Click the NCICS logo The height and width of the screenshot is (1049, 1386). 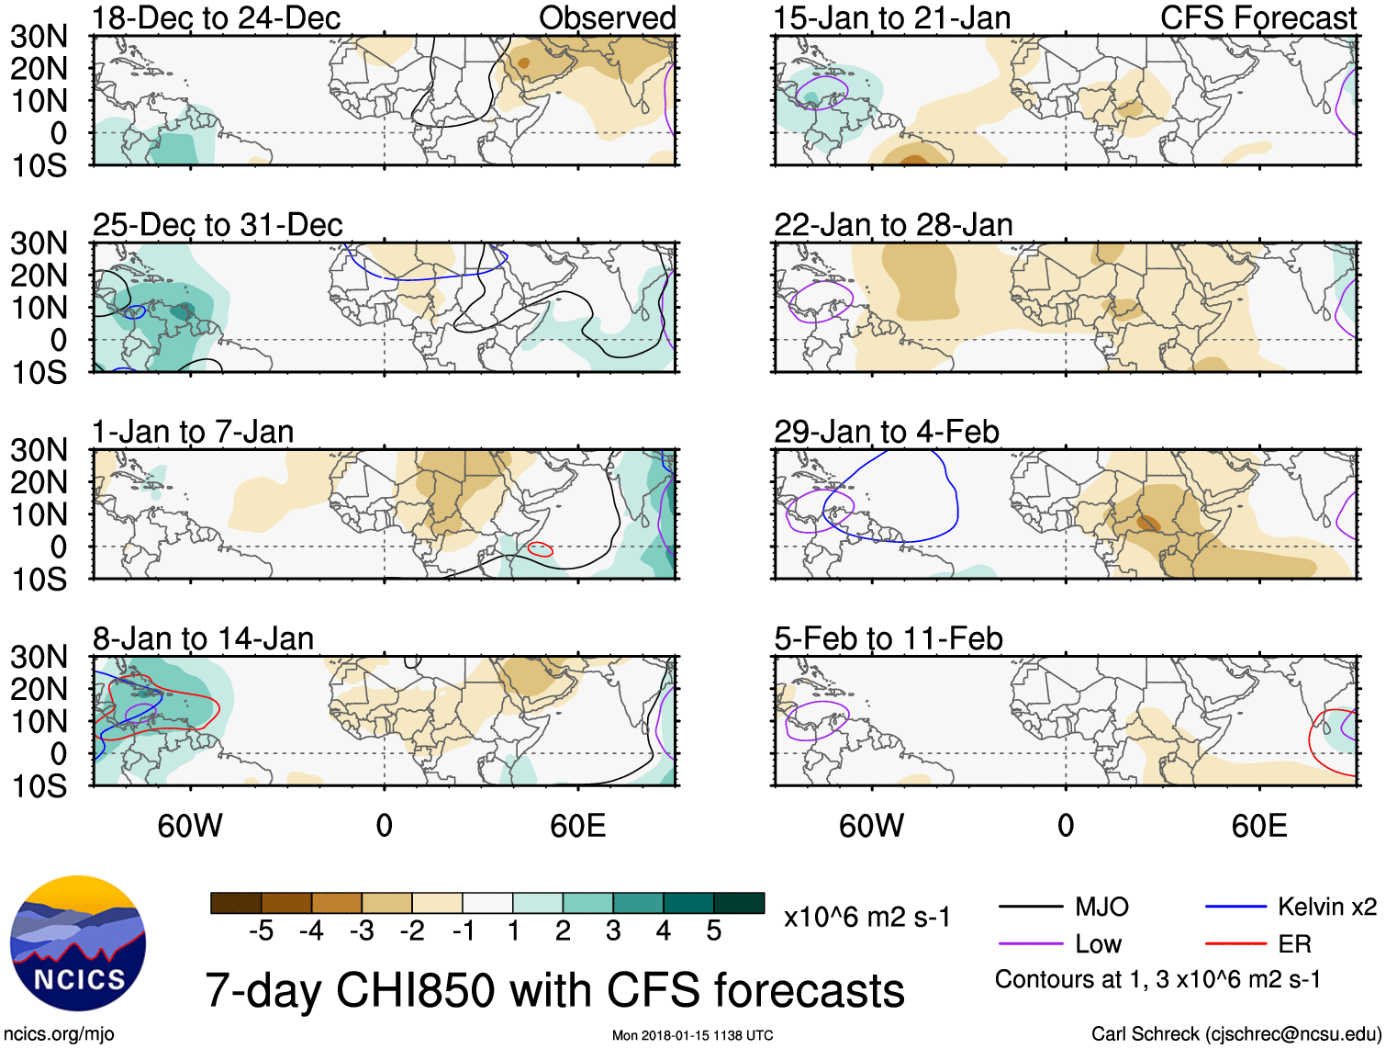click(x=78, y=943)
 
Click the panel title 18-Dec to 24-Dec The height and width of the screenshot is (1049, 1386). click(x=217, y=17)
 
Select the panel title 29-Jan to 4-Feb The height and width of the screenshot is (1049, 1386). click(x=886, y=432)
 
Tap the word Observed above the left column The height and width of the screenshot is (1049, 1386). click(x=607, y=17)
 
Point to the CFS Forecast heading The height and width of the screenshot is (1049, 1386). click(x=1257, y=17)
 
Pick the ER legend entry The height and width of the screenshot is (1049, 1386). click(x=1294, y=944)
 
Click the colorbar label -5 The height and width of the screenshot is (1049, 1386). click(x=261, y=931)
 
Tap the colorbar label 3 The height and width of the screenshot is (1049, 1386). click(x=613, y=931)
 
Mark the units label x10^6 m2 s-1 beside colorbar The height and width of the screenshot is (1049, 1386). click(x=866, y=918)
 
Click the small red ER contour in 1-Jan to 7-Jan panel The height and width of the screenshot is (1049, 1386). click(x=541, y=549)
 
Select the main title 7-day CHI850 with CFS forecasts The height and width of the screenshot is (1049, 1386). click(x=554, y=991)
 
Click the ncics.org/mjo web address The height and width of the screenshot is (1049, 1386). click(x=59, y=1034)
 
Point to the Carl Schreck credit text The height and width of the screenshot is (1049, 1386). click(x=1235, y=1034)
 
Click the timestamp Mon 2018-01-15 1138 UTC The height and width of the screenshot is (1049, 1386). click(x=692, y=1036)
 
